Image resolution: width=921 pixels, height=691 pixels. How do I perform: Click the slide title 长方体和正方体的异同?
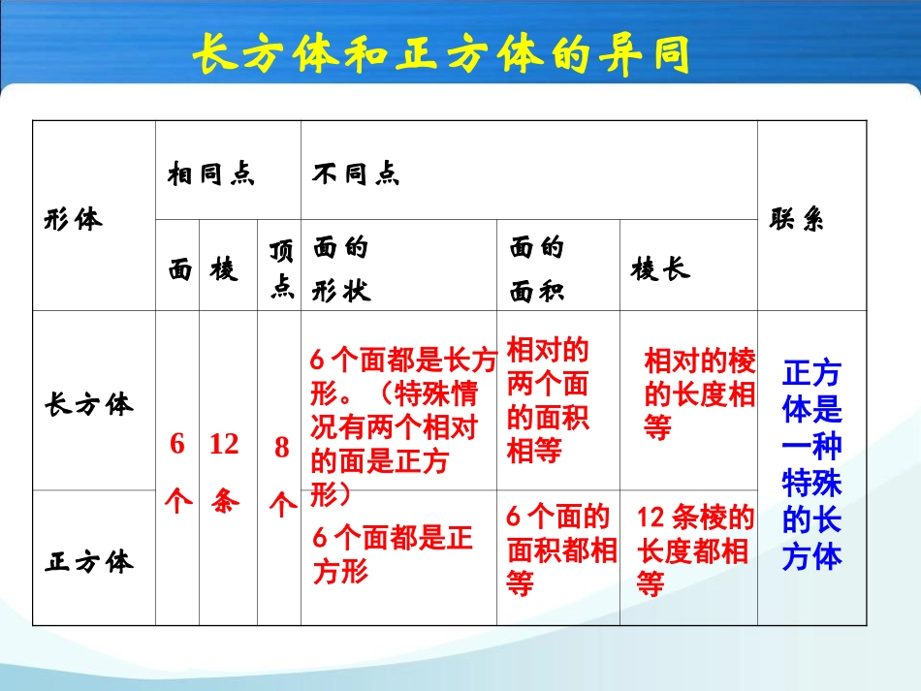(x=441, y=55)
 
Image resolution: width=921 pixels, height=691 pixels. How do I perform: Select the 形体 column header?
(x=73, y=219)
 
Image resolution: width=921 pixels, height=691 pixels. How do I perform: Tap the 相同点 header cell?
(x=210, y=174)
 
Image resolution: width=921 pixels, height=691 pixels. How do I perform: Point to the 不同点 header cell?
(x=356, y=174)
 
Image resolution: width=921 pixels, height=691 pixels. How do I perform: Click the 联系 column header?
(x=797, y=219)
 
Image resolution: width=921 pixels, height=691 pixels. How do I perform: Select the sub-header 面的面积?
(x=537, y=268)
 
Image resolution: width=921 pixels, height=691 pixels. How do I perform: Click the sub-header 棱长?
(x=661, y=268)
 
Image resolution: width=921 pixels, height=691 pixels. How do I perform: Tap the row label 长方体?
(x=88, y=403)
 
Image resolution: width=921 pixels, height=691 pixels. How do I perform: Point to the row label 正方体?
(x=88, y=561)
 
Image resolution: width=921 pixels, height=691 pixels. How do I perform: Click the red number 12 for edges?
(x=224, y=445)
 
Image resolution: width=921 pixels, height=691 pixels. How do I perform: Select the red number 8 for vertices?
(x=282, y=448)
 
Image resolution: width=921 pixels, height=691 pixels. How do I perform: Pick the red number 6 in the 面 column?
(x=176, y=445)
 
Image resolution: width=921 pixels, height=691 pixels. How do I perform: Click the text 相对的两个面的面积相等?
(x=549, y=400)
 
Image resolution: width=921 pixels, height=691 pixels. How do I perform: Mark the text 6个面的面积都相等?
(x=560, y=550)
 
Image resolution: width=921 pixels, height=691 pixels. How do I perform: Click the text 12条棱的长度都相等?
(x=694, y=550)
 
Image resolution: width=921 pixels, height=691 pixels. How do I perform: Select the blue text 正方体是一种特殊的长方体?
(x=812, y=464)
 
